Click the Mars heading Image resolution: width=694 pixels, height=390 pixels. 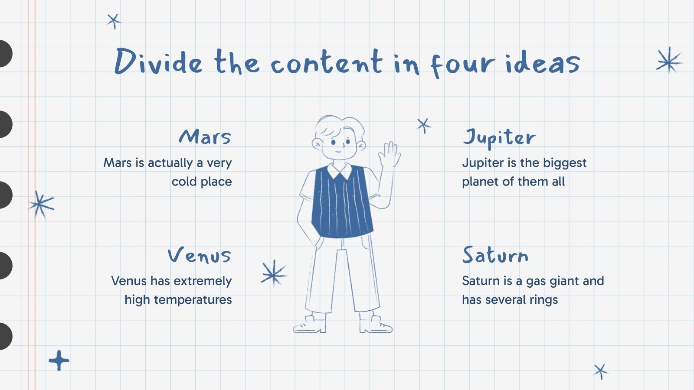[x=205, y=137]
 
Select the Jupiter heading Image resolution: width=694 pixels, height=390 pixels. [x=499, y=138]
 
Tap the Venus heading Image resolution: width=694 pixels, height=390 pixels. [x=200, y=255]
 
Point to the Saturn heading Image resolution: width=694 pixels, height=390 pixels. [x=495, y=255]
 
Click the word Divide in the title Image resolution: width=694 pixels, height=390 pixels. [x=158, y=62]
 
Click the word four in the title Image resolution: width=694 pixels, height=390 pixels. [x=462, y=64]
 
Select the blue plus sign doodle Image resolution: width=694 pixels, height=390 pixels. [x=59, y=360]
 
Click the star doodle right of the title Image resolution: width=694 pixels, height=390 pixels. [x=669, y=60]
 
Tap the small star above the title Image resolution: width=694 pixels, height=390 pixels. [x=114, y=21]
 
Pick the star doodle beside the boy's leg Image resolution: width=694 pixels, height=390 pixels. [x=273, y=273]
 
